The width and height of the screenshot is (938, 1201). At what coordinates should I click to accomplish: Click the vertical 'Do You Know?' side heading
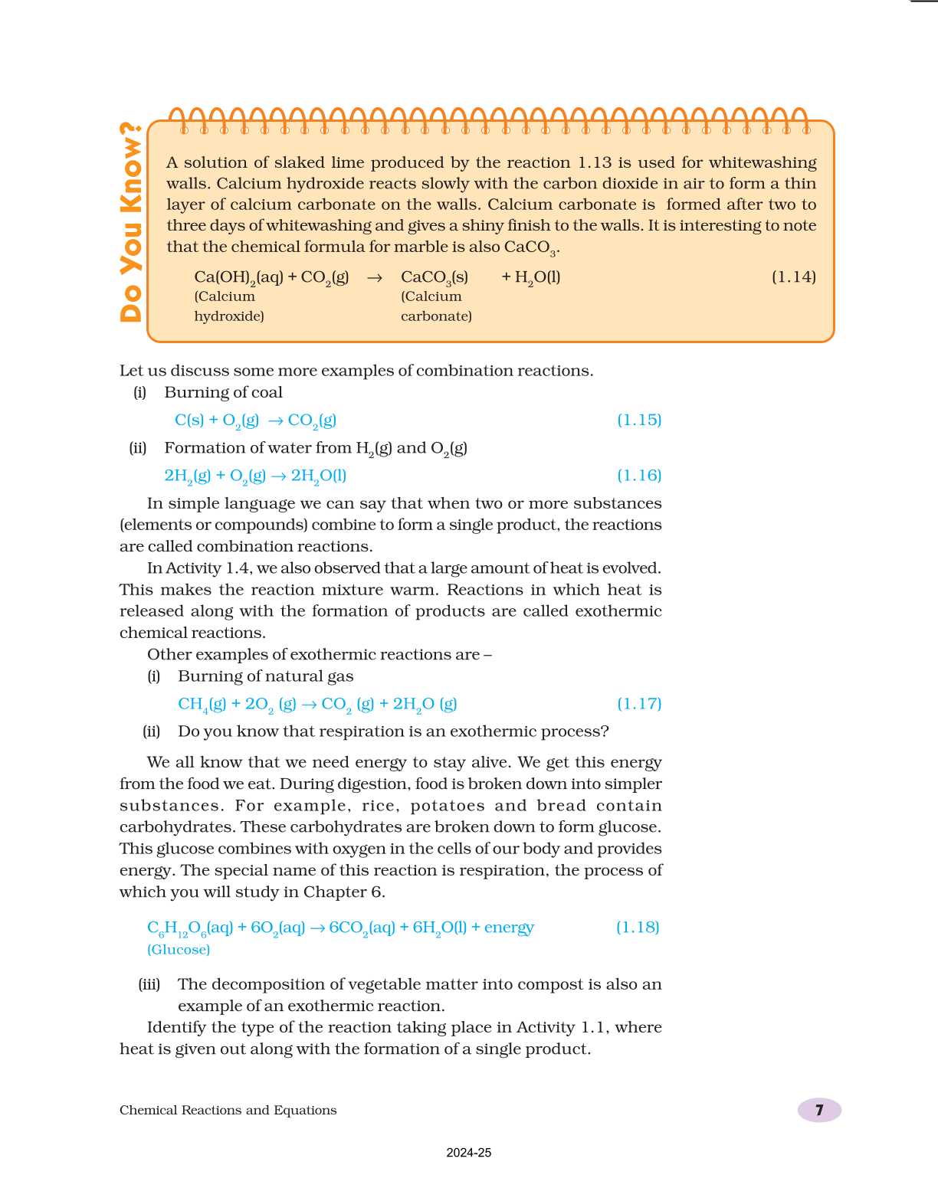coord(131,222)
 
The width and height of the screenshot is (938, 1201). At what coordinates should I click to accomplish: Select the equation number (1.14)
coord(793,277)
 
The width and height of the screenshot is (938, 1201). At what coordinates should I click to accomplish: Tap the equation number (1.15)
coord(639,420)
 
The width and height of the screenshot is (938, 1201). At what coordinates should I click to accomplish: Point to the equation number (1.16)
coord(639,476)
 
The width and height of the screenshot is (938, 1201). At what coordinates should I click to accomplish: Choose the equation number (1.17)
coord(639,703)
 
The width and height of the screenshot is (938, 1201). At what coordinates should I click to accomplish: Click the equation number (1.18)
coord(638,927)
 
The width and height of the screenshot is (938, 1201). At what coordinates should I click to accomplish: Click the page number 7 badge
coord(819,1110)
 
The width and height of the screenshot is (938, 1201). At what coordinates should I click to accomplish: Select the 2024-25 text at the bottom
coord(469,1153)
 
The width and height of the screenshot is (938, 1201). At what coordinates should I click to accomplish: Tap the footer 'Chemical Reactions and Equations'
coord(228,1110)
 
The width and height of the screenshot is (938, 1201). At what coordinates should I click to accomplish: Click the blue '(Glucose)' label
coord(179,950)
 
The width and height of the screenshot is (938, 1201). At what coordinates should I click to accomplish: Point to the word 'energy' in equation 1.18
coord(509,928)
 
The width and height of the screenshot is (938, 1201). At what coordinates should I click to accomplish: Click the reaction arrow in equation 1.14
coord(374,278)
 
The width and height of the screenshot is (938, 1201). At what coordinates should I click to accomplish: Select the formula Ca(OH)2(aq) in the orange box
coord(238,278)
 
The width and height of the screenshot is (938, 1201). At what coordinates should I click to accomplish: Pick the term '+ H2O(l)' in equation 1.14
coord(530,277)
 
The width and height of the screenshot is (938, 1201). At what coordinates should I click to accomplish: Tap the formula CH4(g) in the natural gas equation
coord(202,704)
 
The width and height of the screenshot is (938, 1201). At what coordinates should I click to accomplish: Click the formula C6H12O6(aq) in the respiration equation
coord(189,928)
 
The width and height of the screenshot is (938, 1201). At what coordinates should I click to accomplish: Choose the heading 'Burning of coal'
coord(223,392)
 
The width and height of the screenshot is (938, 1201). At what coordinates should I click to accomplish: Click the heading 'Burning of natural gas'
coord(265,676)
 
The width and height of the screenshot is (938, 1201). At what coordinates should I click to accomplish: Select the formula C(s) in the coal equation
coord(189,420)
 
